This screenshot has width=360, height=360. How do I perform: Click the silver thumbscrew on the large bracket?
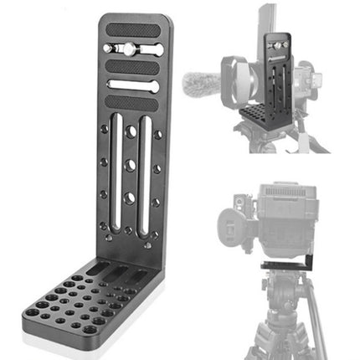(x=131, y=49)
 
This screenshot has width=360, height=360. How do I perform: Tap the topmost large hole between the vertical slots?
(x=131, y=131)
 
